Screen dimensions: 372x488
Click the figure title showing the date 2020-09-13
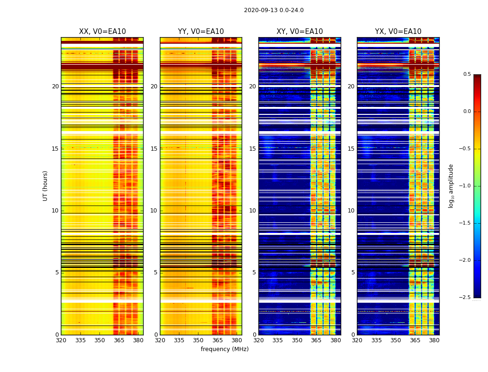pyautogui.click(x=274, y=10)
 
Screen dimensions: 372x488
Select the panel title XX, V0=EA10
pyautogui.click(x=102, y=32)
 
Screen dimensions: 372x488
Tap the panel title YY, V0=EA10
pyautogui.click(x=201, y=32)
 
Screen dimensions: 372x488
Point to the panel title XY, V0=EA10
pyautogui.click(x=299, y=32)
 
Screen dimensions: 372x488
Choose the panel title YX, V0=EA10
pyautogui.click(x=398, y=32)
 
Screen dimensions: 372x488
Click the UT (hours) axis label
pyautogui.click(x=46, y=186)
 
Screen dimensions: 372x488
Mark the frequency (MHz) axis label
pyautogui.click(x=224, y=349)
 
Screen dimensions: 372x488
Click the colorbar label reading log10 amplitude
pyautogui.click(x=451, y=186)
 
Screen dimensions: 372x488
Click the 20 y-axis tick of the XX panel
pyautogui.click(x=55, y=86)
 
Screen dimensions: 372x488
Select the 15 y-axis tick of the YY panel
pyautogui.click(x=154, y=149)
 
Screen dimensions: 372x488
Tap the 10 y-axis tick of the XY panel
pyautogui.click(x=252, y=211)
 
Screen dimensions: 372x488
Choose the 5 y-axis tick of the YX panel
pyautogui.click(x=353, y=272)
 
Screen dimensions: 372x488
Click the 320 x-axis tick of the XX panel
pyautogui.click(x=61, y=340)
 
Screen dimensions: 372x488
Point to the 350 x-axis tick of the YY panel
pyautogui.click(x=198, y=340)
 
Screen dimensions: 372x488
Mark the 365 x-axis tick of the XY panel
pyautogui.click(x=316, y=340)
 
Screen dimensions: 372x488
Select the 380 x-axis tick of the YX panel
pyautogui.click(x=434, y=340)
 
